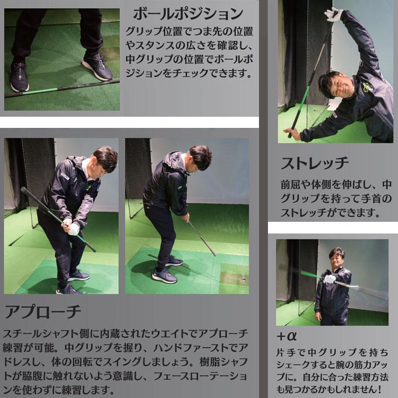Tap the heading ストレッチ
315,162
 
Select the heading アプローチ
43,312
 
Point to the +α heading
287,336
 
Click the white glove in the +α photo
330,279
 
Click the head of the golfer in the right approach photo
199,157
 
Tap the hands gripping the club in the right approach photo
186,217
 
